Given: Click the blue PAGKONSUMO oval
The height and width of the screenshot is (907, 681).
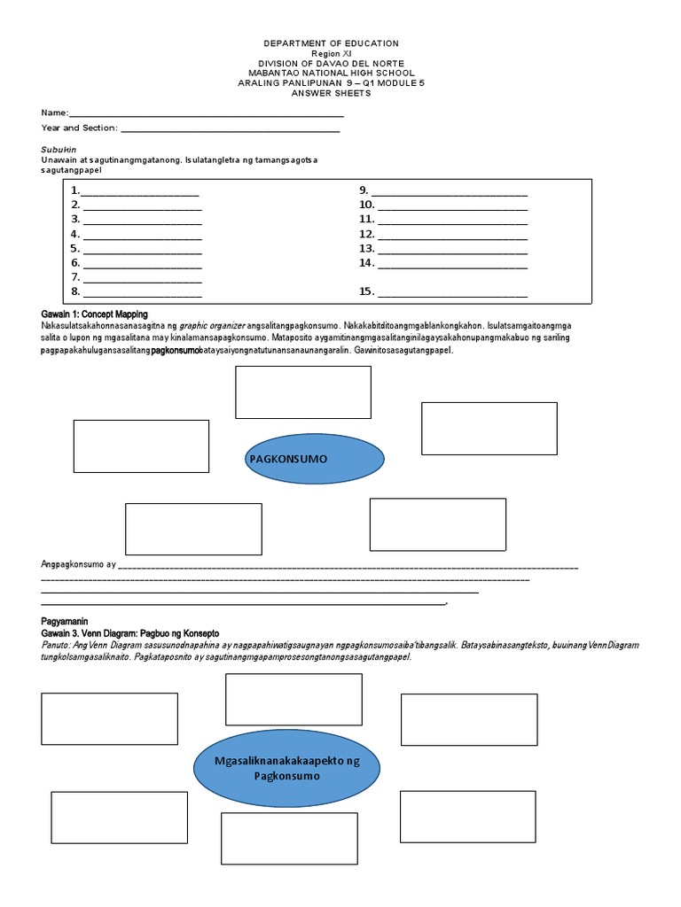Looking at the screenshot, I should [x=314, y=459].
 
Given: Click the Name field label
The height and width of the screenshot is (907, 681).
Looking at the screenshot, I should [x=54, y=113].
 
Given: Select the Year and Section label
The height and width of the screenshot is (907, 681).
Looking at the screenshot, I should [x=79, y=128].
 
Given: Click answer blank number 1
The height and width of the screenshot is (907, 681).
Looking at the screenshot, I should [x=139, y=191].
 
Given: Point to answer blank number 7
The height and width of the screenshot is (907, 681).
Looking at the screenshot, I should [x=141, y=278].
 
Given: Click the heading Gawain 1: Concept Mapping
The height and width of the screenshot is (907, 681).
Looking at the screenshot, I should [x=94, y=314].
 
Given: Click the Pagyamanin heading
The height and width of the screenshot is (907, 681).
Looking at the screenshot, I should [x=65, y=622].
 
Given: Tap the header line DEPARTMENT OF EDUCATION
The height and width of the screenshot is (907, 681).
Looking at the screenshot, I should [x=332, y=43].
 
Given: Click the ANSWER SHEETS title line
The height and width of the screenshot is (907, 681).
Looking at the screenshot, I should [x=332, y=93].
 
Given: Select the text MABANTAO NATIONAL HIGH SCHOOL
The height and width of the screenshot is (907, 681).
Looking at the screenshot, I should [x=332, y=73].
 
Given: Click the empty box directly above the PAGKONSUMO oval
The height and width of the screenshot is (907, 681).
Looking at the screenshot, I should [x=302, y=391].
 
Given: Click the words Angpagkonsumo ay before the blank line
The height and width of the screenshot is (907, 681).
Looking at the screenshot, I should [x=79, y=563].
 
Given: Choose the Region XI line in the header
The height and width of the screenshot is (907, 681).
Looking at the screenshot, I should [x=332, y=53].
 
